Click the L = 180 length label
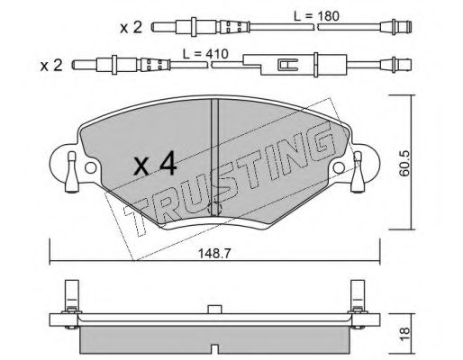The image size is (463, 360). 316,16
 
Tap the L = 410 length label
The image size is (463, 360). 205,54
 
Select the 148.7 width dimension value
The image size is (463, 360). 214,254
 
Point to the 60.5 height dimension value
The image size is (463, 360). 405,163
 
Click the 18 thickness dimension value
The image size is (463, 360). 405,334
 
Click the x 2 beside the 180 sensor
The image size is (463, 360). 131,28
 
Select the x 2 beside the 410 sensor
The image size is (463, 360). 51,65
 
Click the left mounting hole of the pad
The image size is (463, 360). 91,168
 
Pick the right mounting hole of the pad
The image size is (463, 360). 340,167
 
